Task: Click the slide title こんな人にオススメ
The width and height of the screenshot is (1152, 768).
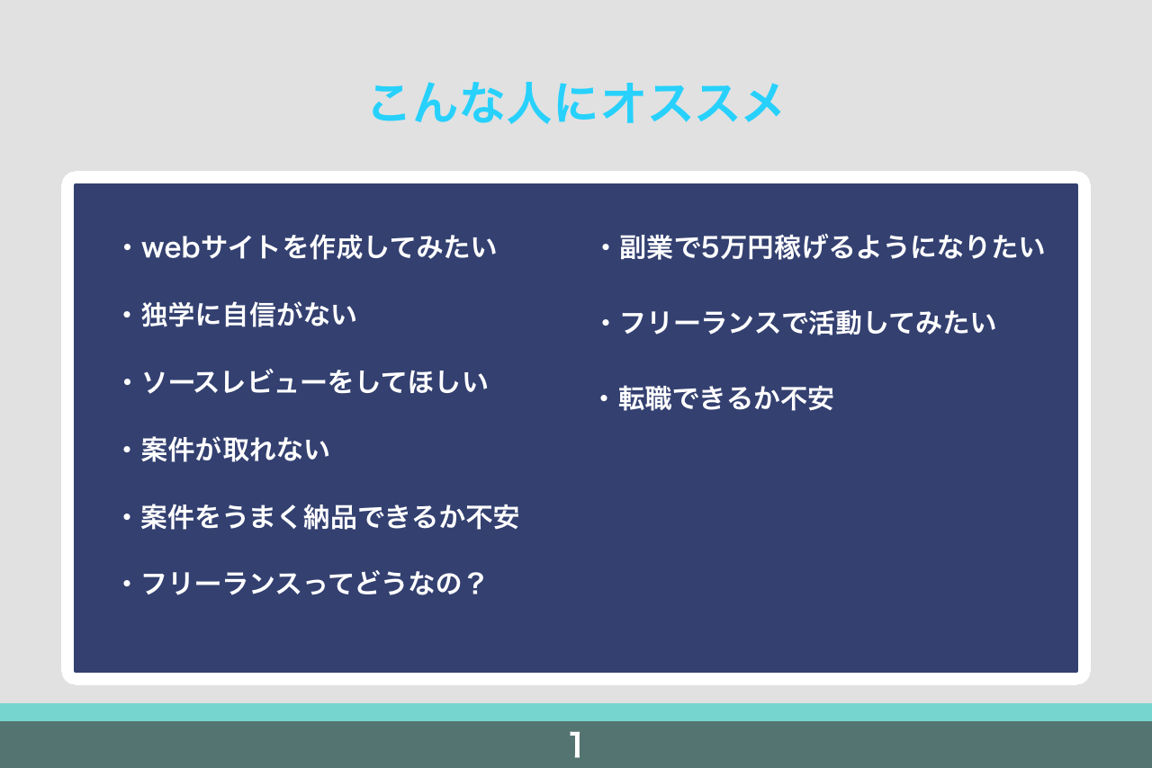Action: click(x=577, y=103)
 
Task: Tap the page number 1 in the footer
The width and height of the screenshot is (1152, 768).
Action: click(x=576, y=745)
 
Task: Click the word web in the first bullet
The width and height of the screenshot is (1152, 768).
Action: click(x=170, y=247)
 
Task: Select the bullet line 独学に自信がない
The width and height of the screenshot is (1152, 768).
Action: click(x=249, y=315)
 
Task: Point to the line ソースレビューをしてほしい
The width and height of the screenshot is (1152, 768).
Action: click(x=315, y=382)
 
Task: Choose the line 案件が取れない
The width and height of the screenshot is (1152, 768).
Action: click(x=235, y=450)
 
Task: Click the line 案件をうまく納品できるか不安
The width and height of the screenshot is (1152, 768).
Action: click(x=329, y=517)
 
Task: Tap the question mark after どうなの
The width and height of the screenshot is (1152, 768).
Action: click(x=476, y=584)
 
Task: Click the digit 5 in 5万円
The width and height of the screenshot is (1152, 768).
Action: click(x=710, y=247)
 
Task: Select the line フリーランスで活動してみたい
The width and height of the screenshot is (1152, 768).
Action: click(x=808, y=323)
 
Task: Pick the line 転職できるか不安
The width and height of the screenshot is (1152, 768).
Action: click(x=725, y=398)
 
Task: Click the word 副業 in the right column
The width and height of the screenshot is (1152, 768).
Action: click(x=646, y=247)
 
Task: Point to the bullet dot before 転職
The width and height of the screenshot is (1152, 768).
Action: click(x=604, y=398)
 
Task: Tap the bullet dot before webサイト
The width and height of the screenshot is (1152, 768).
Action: click(x=127, y=248)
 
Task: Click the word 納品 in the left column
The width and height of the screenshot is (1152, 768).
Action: click(x=330, y=517)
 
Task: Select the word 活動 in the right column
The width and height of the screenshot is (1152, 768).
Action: click(x=834, y=323)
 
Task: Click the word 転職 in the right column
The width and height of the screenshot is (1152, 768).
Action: click(x=645, y=398)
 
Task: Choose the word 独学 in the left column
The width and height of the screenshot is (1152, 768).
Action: click(x=167, y=315)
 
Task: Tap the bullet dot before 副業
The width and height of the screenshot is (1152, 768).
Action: click(x=606, y=248)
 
